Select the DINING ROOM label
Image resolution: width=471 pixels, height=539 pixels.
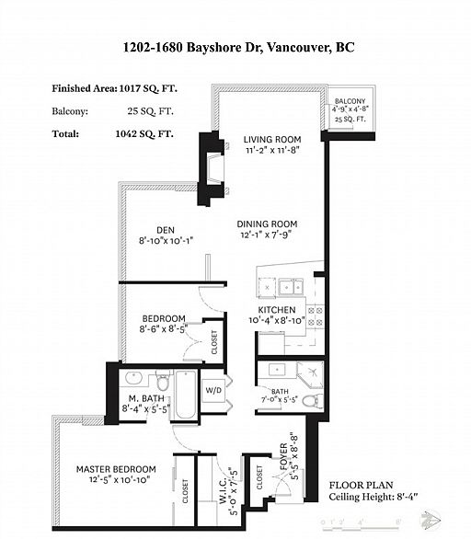click(266, 224)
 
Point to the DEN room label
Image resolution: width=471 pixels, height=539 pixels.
click(165, 230)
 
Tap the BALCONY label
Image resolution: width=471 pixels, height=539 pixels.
click(349, 101)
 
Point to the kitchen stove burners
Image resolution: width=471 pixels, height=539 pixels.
click(315, 316)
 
